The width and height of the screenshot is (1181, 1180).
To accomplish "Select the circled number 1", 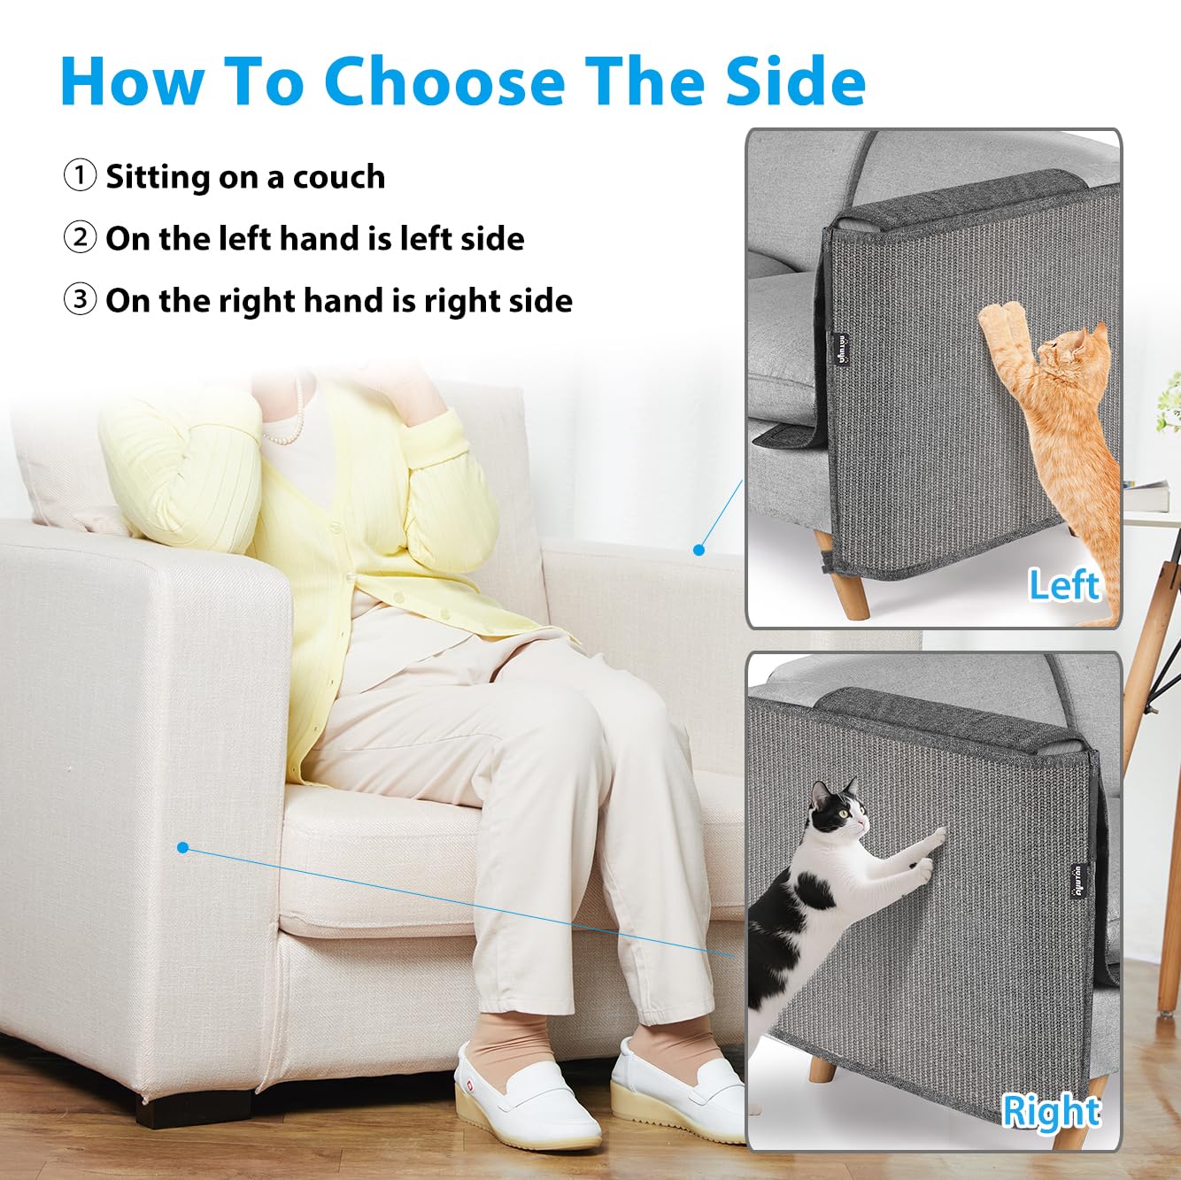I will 80,175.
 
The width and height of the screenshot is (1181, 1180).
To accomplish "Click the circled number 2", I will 80,237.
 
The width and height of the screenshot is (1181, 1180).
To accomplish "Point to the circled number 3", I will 80,299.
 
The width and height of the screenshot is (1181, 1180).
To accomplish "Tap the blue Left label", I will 1062,585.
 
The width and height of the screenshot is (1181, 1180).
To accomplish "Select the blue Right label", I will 1050,1111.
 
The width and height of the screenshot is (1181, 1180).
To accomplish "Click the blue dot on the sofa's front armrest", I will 182,847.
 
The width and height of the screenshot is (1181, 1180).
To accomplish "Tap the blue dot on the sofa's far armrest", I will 699,550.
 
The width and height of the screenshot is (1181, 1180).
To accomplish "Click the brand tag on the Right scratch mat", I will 1079,882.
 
